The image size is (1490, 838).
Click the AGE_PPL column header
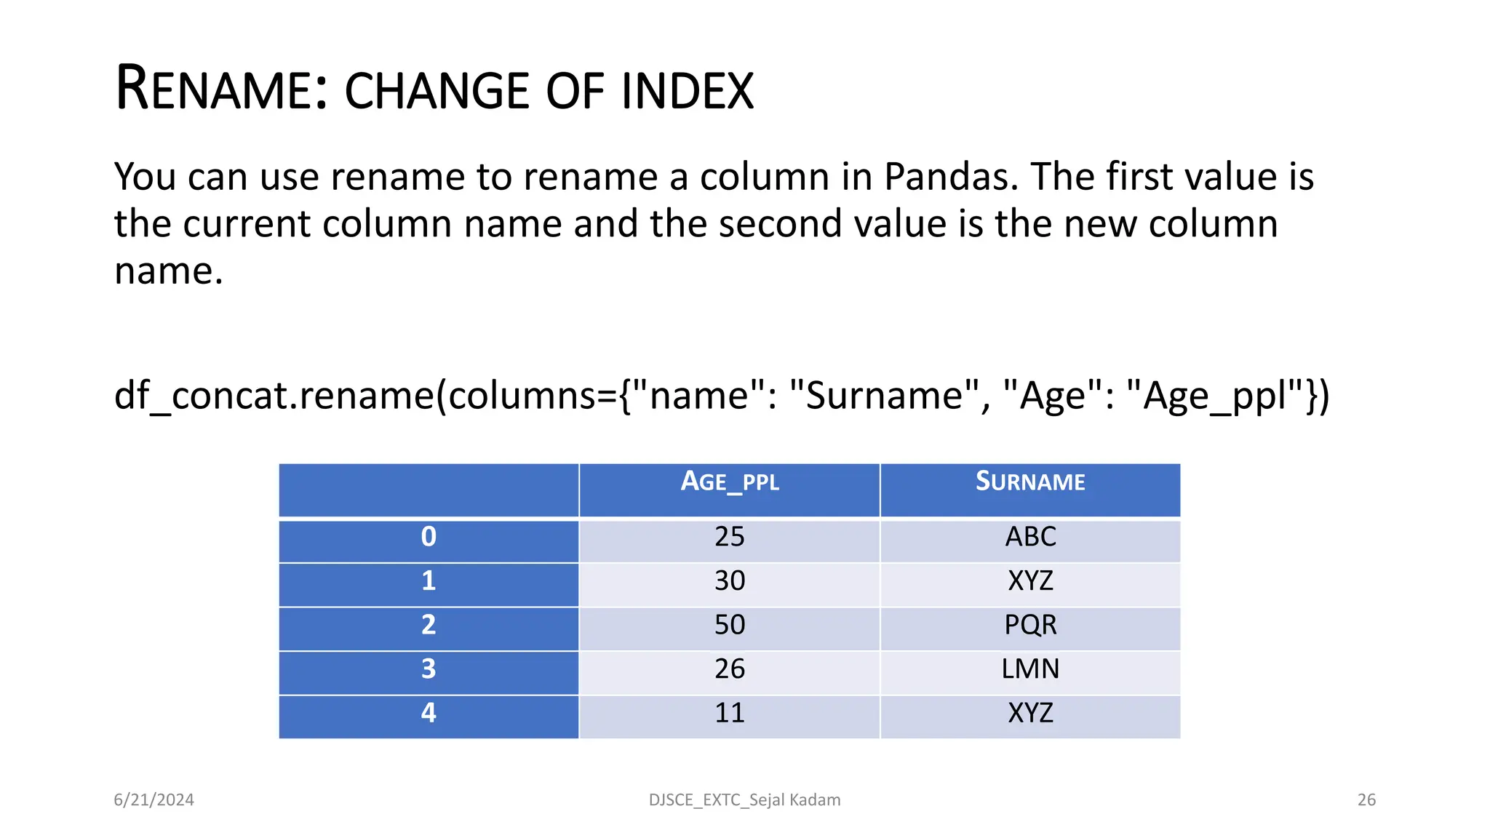tap(730, 482)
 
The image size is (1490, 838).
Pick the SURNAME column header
tap(1030, 482)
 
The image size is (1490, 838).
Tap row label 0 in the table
tap(429, 537)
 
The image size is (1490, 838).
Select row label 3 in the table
tap(429, 669)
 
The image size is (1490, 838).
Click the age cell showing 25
tap(730, 537)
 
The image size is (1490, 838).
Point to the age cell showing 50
tap(730, 625)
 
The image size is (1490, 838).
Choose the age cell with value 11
tap(730, 713)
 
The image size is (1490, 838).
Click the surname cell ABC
tap(1030, 537)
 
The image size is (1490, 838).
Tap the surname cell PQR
tap(1030, 625)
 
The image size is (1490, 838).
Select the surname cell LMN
tap(1030, 669)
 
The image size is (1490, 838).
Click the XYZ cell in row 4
tap(1030, 713)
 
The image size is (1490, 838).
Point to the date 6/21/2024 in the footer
tap(154, 800)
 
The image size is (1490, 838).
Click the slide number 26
tap(1366, 800)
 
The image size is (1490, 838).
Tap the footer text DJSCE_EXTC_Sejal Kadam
tap(744, 800)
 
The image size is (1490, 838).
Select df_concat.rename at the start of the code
tap(274, 397)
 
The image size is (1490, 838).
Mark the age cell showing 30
tap(730, 580)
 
